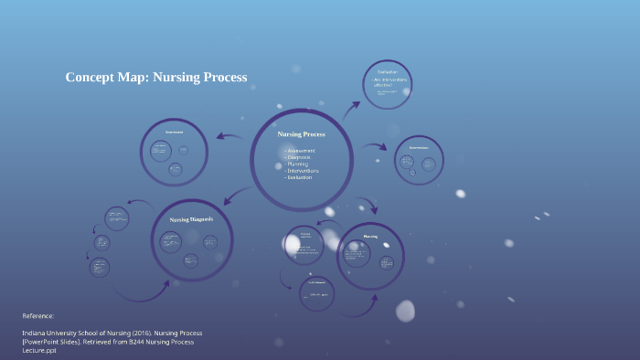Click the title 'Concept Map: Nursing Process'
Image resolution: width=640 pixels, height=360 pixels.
[156, 78]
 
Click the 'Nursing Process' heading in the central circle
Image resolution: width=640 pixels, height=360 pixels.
[301, 133]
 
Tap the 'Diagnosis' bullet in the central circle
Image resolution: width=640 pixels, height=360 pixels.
[298, 157]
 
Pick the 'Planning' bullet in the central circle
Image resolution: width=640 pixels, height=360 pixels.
[297, 164]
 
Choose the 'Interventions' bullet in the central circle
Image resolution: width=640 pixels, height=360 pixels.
[303, 170]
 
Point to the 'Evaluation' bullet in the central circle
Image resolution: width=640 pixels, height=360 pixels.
[300, 177]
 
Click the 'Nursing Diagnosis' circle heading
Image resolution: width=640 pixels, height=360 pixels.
[191, 219]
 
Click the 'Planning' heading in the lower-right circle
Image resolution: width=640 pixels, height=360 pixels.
[370, 236]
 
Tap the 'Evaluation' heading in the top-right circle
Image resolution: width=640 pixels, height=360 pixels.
[388, 71]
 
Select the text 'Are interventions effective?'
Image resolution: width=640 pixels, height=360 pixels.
[390, 82]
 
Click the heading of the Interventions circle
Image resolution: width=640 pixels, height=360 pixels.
[419, 147]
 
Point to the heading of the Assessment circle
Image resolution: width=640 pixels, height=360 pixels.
[174, 132]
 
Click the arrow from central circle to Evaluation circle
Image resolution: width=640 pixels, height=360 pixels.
[351, 110]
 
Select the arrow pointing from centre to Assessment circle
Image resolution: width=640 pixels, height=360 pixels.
[229, 136]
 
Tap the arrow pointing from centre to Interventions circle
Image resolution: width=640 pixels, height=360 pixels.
[374, 146]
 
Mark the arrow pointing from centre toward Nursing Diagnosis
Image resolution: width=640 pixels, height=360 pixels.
[236, 194]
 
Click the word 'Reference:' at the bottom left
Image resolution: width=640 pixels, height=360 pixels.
[38, 315]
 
